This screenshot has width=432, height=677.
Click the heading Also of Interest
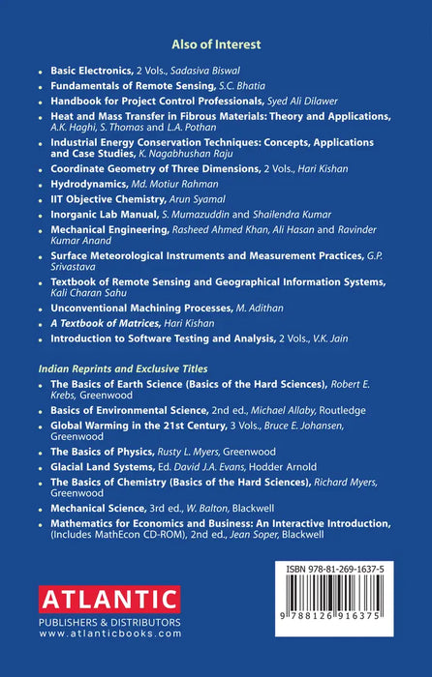(216, 44)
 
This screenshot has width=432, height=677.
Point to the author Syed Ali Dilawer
(303, 102)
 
